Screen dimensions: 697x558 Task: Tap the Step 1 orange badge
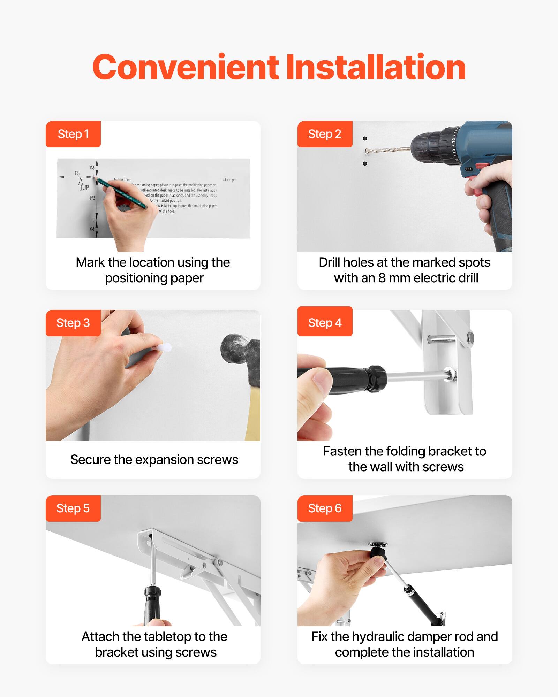[73, 134]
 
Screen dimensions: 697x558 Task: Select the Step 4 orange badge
[325, 323]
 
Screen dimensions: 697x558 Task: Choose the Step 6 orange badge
[325, 508]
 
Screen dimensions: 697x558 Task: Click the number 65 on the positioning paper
[77, 173]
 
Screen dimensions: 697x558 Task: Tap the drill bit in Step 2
[387, 150]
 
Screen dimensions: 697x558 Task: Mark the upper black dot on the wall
[365, 139]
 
